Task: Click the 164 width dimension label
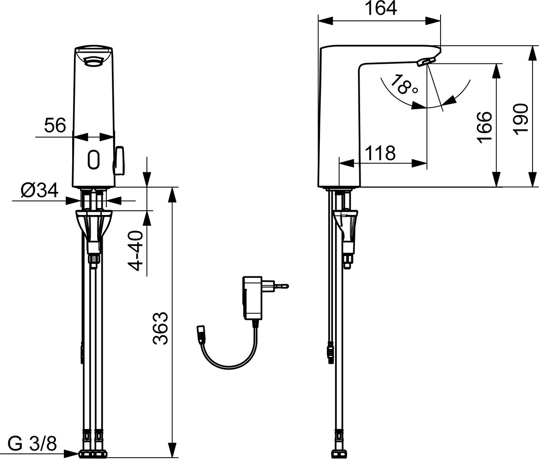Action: pyautogui.click(x=380, y=8)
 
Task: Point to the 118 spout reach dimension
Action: pyautogui.click(x=380, y=153)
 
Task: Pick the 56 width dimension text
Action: pyautogui.click(x=55, y=125)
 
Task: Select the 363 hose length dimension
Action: pyautogui.click(x=160, y=328)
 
